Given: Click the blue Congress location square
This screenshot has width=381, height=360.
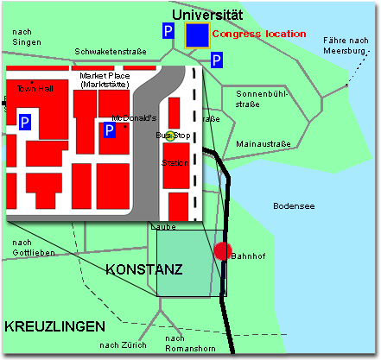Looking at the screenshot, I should (x=197, y=35).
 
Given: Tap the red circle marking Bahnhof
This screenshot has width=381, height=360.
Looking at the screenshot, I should (x=223, y=251).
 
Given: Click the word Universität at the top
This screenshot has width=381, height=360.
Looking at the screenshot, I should (x=207, y=14).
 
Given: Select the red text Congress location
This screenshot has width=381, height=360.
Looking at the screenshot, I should (x=259, y=35).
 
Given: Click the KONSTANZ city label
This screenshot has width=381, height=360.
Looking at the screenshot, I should (x=143, y=270).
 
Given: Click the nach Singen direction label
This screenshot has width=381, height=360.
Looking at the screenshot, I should (x=28, y=37).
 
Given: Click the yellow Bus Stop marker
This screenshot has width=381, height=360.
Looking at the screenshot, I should (x=171, y=135).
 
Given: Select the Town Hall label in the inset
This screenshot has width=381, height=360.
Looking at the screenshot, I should (x=35, y=90).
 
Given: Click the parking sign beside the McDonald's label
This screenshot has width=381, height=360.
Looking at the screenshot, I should (x=111, y=130).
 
